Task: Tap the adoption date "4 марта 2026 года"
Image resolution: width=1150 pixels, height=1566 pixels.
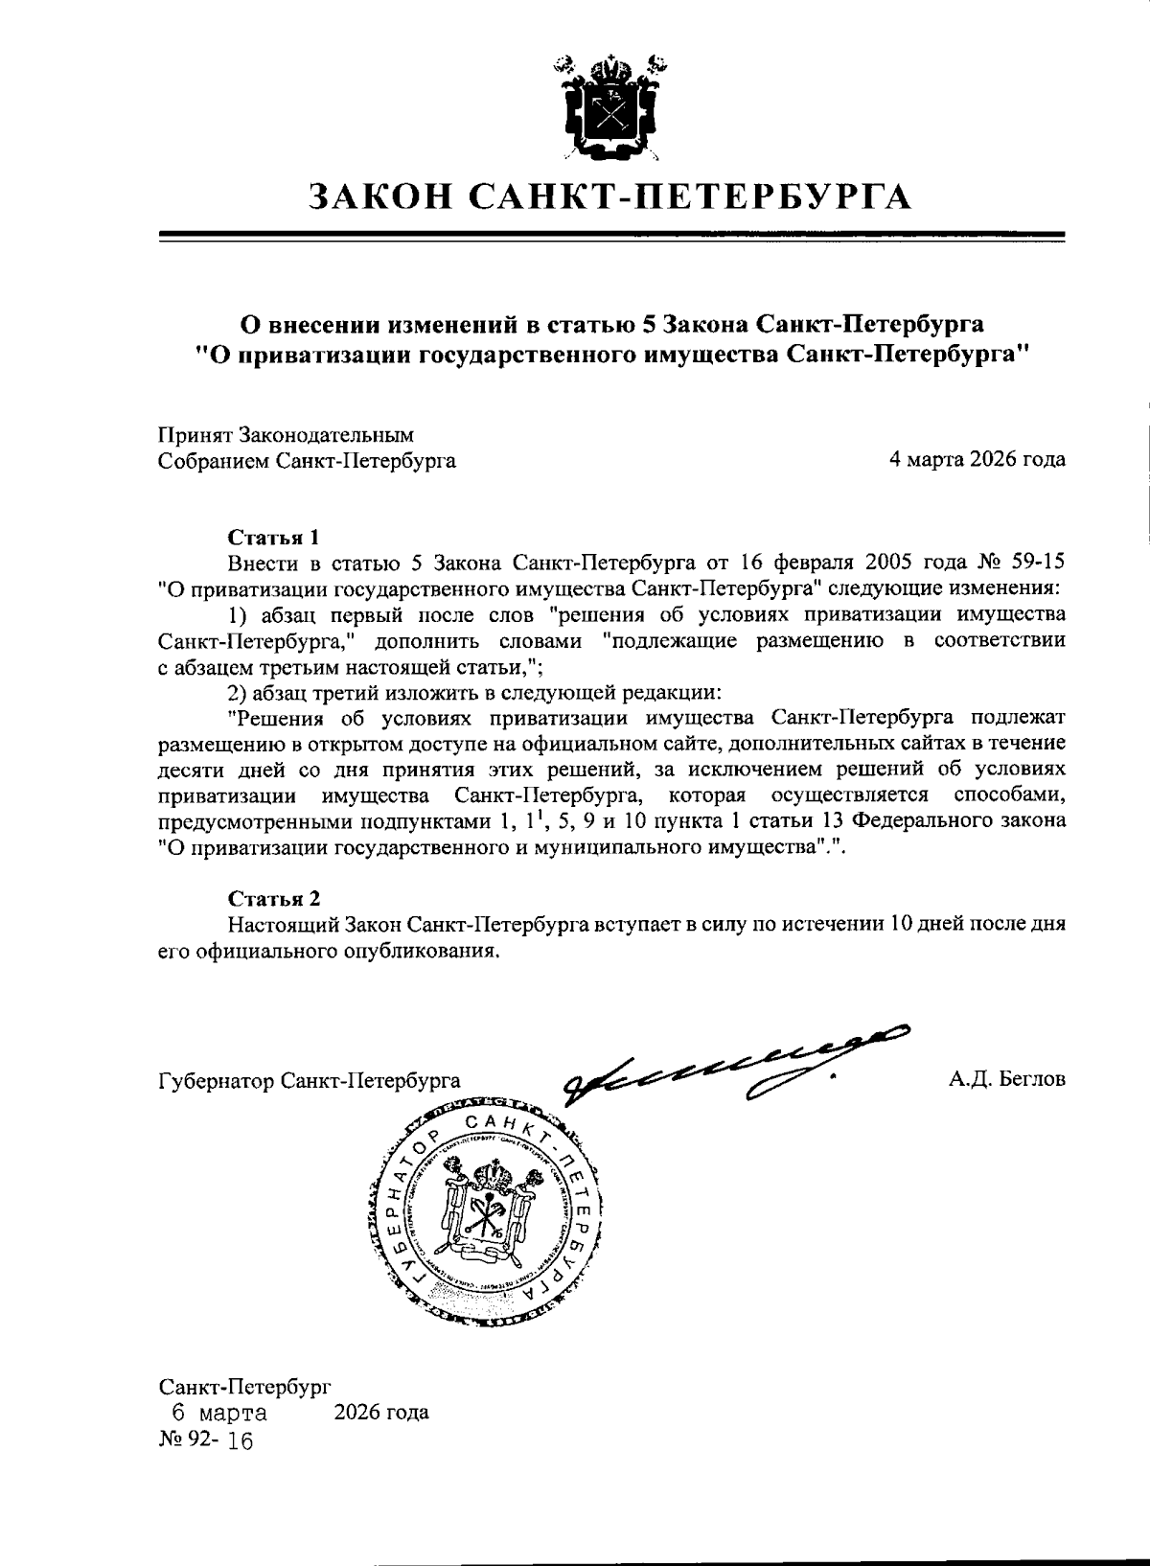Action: point(977,460)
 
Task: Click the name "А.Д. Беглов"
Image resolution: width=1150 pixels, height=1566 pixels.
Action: point(1006,1080)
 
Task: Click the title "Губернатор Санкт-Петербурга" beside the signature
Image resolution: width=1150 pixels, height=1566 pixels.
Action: point(309,1080)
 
